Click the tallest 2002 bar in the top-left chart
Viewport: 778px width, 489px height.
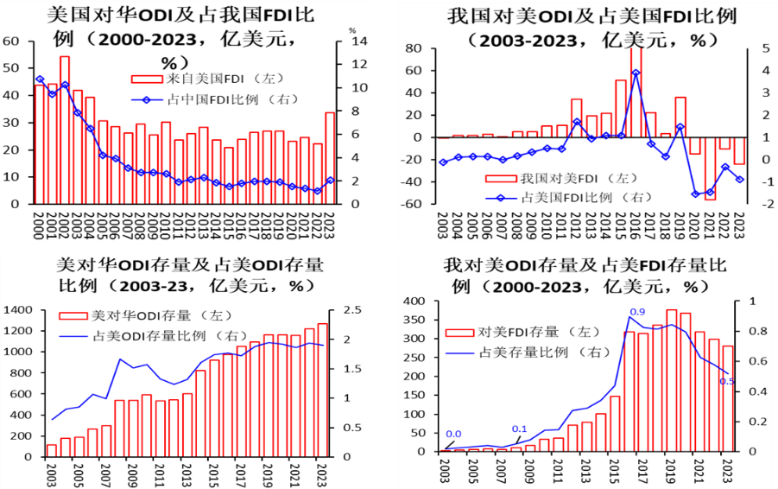click(x=65, y=130)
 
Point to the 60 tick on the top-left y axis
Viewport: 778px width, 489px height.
click(x=11, y=41)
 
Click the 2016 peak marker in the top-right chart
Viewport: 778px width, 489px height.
click(x=636, y=73)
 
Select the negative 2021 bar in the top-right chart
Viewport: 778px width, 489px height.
click(x=710, y=168)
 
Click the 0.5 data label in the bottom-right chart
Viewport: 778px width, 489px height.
click(x=727, y=381)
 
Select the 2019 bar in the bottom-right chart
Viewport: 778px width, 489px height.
click(x=671, y=380)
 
